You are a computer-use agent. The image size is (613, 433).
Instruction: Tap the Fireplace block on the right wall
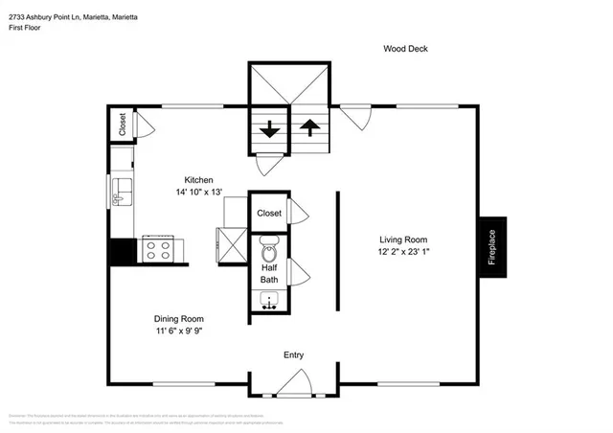point(492,246)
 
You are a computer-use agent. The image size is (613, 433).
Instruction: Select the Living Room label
point(402,240)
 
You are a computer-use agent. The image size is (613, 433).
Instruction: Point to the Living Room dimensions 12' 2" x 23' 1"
point(402,253)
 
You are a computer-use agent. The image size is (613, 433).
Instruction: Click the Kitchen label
point(198,180)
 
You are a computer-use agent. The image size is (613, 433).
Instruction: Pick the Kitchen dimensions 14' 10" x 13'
point(198,193)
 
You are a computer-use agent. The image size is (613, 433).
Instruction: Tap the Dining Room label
point(178,319)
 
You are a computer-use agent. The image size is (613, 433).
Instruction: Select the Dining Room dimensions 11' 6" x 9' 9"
point(178,331)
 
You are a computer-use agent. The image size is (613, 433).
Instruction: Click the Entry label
point(293,355)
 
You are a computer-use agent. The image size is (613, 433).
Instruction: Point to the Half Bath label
point(269,273)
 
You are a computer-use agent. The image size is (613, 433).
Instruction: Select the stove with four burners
point(158,250)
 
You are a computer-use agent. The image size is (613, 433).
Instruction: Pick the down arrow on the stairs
point(269,129)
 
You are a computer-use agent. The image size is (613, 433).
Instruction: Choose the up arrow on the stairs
point(309,129)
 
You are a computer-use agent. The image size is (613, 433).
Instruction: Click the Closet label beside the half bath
point(269,214)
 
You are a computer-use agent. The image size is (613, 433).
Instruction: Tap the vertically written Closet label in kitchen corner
point(122,125)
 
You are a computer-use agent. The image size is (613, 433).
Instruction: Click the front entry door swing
point(292,385)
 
